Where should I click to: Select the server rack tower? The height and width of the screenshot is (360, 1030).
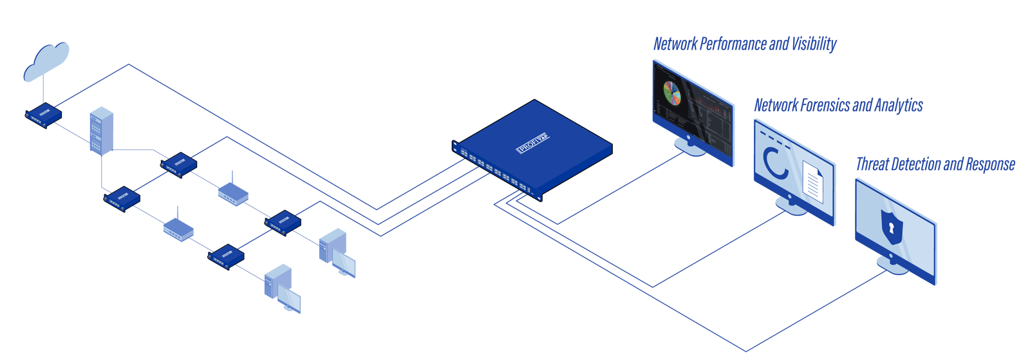pos(101,131)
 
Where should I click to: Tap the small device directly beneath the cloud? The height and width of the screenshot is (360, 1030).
pos(44,114)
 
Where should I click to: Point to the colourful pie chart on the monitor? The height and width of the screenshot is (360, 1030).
pos(672,93)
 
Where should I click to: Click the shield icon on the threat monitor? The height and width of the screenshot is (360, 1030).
pos(892,227)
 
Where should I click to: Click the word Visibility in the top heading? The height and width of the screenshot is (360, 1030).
pos(814,44)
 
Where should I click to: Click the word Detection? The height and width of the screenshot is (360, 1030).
pos(916,165)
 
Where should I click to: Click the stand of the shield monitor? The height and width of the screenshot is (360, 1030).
pos(893,264)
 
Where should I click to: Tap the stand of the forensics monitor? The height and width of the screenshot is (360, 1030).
pos(790,206)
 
